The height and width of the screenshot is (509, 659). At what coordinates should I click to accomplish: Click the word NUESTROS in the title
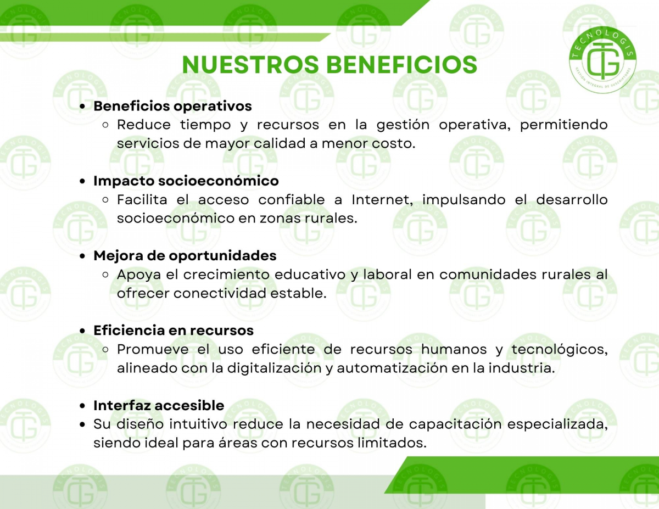click(250, 65)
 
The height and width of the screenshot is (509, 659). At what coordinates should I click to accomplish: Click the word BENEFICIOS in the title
click(402, 65)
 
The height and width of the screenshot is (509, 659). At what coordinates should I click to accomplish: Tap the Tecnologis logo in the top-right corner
click(602, 60)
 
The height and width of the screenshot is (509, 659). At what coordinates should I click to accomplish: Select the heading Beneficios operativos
click(172, 106)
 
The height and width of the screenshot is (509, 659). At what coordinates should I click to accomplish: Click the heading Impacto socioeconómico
click(186, 181)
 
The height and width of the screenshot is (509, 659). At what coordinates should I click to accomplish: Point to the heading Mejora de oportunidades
click(185, 255)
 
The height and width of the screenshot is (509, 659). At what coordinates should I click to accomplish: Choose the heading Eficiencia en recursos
click(174, 331)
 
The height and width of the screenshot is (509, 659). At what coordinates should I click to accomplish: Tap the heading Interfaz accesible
click(159, 405)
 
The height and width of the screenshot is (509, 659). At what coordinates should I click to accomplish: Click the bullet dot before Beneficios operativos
click(82, 107)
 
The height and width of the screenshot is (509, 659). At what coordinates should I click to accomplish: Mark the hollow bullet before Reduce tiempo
click(105, 125)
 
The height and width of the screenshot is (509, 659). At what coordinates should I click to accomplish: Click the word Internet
click(382, 200)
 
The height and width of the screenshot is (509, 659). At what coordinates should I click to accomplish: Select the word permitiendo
click(564, 125)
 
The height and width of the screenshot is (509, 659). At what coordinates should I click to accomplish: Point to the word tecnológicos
click(560, 349)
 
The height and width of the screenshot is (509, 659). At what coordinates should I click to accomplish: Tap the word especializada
click(558, 424)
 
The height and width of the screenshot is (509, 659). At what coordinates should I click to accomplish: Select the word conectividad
click(222, 293)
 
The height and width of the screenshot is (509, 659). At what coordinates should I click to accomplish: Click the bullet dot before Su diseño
click(82, 424)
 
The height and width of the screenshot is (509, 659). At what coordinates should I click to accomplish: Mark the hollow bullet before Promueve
click(105, 350)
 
